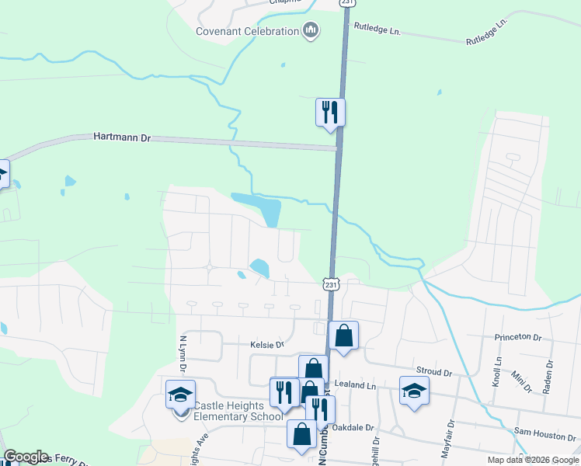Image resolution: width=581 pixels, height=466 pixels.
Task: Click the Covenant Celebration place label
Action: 247,31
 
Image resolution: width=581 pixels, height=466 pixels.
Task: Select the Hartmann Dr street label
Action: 121,137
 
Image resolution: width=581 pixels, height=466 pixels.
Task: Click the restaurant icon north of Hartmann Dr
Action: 330,112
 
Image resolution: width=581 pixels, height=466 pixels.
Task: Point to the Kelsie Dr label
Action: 267,343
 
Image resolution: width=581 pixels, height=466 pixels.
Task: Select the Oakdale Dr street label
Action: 353,427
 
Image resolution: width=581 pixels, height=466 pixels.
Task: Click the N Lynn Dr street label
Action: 184,354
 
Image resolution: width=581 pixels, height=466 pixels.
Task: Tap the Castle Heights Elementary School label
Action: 238,411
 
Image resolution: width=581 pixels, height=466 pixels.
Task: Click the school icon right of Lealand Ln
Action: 414,390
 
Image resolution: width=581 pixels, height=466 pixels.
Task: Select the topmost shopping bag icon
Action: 343,336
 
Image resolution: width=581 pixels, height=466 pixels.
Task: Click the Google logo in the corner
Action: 26,457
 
